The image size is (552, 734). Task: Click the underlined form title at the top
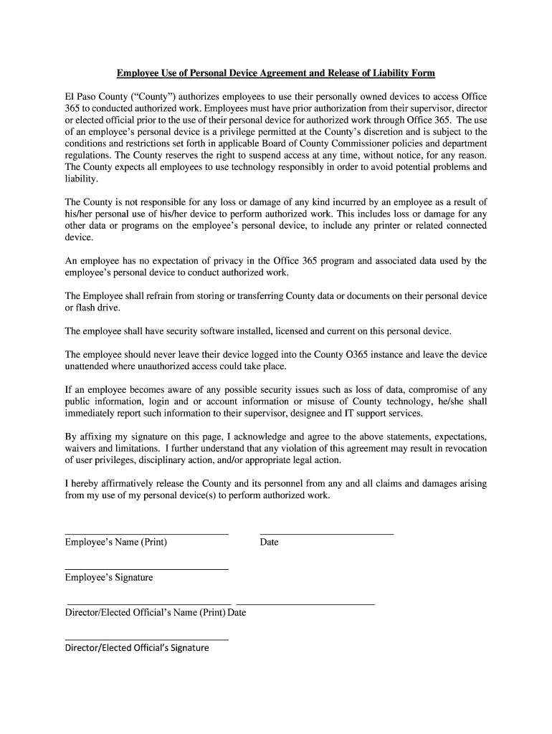pos(276,74)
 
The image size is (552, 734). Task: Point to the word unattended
pos(89,366)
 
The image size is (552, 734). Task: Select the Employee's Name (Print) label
pos(115,543)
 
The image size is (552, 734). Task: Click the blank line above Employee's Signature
pos(146,569)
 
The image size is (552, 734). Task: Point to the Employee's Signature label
pos(108,578)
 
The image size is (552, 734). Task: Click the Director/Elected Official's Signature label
pos(136,648)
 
